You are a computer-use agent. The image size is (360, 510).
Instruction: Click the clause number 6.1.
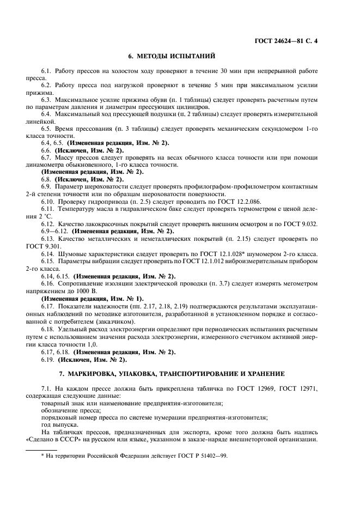47,71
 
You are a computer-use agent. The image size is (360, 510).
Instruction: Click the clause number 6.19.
47,361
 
